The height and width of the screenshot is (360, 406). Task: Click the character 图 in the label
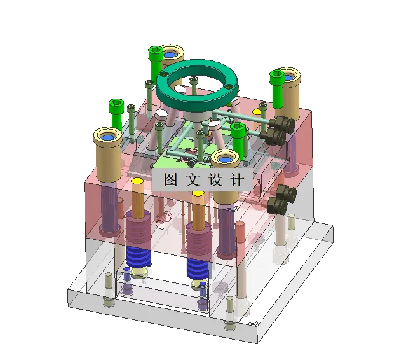point(170,179)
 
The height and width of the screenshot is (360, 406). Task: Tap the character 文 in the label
point(193,179)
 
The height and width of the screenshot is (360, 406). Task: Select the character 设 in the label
point(215,179)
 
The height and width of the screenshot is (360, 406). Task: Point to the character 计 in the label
point(238,179)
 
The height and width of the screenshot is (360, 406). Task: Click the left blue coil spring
point(139,256)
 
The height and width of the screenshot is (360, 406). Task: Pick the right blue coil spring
point(198,268)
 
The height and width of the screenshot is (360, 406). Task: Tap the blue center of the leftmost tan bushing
point(107,137)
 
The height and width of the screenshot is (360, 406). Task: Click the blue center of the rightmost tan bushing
point(288,77)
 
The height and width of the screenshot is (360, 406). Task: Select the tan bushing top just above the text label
point(225,158)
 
